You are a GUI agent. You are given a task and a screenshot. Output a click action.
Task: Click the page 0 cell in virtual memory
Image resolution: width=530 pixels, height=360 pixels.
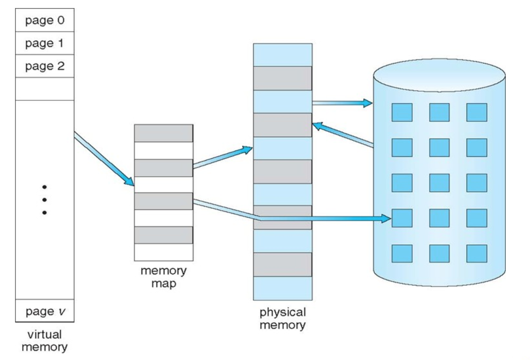click(44, 21)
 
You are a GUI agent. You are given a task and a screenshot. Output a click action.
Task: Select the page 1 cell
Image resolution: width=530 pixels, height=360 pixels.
click(44, 43)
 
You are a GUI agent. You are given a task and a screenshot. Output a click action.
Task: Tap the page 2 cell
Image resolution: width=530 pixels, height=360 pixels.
click(44, 66)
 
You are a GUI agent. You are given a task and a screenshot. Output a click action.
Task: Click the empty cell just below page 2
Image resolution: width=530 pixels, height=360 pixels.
click(44, 89)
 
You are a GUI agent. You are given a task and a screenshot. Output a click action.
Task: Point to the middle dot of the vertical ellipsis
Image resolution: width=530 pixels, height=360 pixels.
click(44, 199)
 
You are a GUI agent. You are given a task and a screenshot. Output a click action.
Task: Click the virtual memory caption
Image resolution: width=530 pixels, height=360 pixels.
click(44, 340)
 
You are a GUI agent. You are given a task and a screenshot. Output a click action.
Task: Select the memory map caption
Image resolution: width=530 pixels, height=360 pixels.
click(163, 277)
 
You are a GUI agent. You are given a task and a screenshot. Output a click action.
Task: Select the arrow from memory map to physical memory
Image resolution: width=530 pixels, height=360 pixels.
click(222, 158)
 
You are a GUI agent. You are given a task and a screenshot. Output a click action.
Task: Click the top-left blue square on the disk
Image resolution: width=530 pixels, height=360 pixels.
click(402, 112)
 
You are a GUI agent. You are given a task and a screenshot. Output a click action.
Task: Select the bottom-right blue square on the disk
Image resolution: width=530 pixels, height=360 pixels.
click(476, 253)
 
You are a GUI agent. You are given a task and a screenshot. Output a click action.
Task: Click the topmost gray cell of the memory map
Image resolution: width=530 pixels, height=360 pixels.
click(163, 133)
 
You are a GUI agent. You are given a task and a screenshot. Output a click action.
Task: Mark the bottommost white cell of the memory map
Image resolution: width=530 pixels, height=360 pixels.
click(163, 251)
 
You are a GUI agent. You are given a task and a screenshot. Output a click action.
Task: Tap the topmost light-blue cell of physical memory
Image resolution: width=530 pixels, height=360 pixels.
click(282, 55)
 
